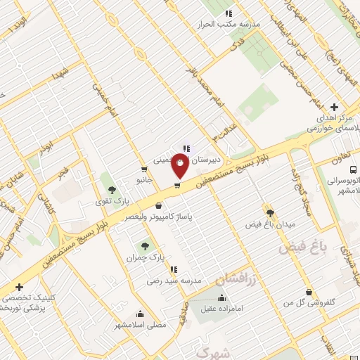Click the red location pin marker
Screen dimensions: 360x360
[181, 165]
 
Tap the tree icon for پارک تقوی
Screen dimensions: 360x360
[111, 190]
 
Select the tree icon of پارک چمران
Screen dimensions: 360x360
[145, 246]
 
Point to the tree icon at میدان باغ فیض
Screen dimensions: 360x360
[270, 212]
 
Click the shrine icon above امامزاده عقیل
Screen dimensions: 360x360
[222, 297]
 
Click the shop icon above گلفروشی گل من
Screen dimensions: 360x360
[309, 292]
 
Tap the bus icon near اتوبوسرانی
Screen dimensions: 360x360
[353, 169]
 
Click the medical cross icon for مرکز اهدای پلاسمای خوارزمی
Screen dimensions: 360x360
[334, 107]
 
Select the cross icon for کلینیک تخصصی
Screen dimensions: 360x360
[19, 287]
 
